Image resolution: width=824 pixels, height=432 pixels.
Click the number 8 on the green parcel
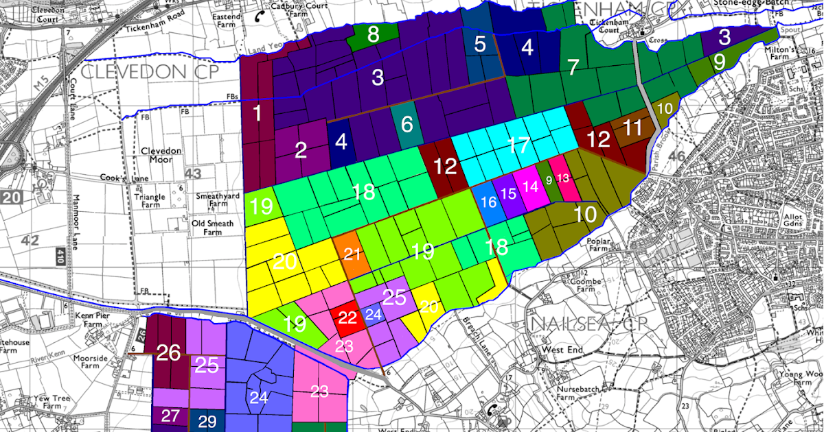(x=374, y=34)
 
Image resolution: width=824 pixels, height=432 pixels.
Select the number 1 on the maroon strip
(x=257, y=114)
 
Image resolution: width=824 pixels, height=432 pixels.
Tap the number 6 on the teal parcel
(x=407, y=125)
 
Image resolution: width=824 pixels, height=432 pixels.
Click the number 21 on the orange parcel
(x=352, y=254)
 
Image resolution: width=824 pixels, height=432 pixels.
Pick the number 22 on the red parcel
(x=348, y=317)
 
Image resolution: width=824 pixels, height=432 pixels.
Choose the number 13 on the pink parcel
(x=563, y=178)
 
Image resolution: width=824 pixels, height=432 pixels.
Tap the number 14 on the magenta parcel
(x=530, y=187)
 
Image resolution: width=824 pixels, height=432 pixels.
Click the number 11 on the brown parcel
(x=632, y=128)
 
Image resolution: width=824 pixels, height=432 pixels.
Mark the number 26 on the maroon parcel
(x=168, y=353)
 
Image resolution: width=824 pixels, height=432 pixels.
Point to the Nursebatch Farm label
(x=575, y=392)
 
